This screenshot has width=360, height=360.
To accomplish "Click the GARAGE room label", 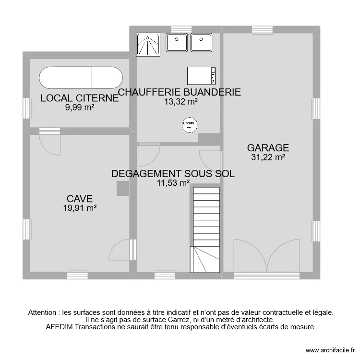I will click(268, 148).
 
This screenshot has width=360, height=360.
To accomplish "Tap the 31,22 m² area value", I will click(268, 156).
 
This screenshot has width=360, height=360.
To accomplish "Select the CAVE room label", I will click(80, 199).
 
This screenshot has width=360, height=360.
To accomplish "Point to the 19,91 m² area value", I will click(80, 207).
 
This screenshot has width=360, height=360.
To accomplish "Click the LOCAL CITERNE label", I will click(80, 99).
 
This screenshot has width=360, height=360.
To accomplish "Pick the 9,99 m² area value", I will click(80, 108).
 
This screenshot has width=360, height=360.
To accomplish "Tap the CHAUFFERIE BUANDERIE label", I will click(180, 93).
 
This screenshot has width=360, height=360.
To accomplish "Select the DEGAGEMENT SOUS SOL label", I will click(173, 174).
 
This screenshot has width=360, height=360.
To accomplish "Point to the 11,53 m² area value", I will click(173, 182).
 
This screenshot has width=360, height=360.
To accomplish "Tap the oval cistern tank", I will click(80, 78).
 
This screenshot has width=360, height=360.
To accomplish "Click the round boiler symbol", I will click(190, 125).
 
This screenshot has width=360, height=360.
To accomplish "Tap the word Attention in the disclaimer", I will click(42, 312).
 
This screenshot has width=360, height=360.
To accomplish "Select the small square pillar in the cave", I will click(123, 189).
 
